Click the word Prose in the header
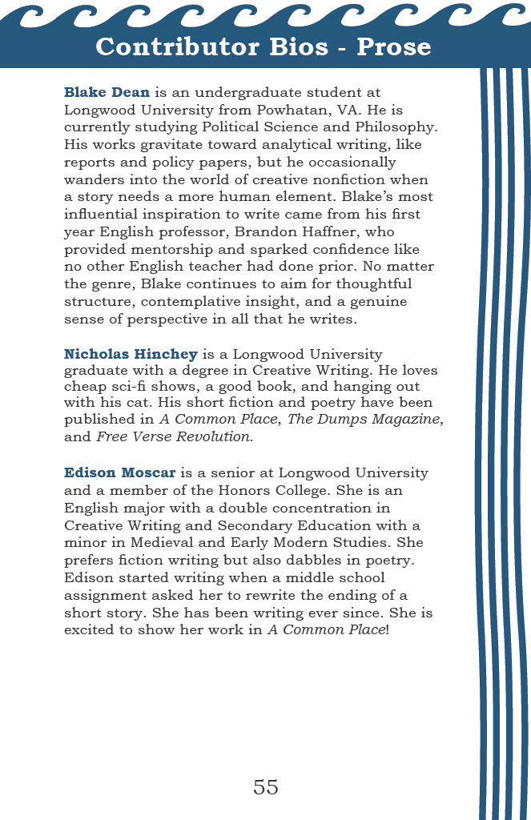[394, 46]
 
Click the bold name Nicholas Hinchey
[131, 355]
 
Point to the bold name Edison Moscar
[119, 472]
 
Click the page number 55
[265, 786]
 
